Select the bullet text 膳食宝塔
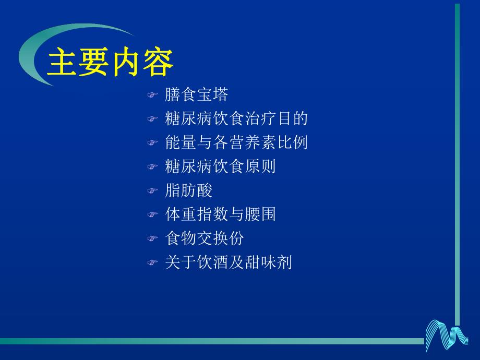coord(196,94)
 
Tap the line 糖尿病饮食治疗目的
coord(236,118)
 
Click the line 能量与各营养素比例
coord(236,142)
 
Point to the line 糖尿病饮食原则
coord(220,166)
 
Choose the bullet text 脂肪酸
coord(188,190)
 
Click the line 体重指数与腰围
coord(220,214)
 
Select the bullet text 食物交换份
coord(204,238)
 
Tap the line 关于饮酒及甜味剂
coord(228,262)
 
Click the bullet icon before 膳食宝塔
coord(152,95)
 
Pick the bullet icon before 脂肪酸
coord(152,191)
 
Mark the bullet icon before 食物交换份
coord(152,239)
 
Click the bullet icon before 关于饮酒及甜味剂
coord(152,263)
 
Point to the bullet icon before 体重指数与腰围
coord(152,215)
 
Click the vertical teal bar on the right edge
coord(457,157)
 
